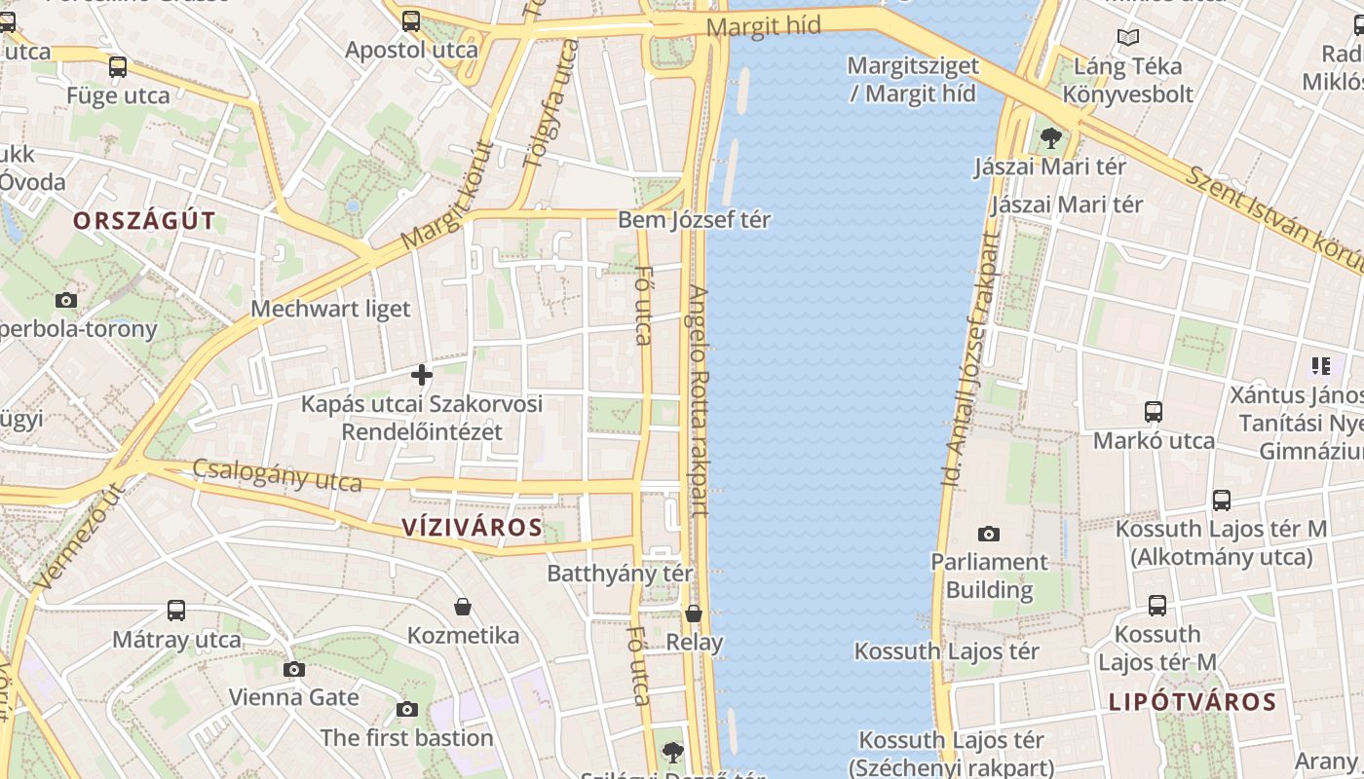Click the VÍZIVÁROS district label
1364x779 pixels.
(x=472, y=528)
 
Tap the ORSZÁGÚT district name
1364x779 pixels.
(x=144, y=221)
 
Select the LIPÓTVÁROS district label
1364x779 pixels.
(x=1192, y=702)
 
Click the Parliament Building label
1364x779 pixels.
(x=989, y=575)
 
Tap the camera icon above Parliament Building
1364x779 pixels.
(x=989, y=534)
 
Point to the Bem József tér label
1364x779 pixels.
(x=694, y=220)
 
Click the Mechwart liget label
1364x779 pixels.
(x=330, y=309)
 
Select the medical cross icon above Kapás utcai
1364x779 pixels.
(x=422, y=374)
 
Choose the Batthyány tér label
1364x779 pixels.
(x=620, y=573)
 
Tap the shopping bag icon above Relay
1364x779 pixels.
(x=694, y=613)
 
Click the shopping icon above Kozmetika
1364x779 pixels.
(x=463, y=607)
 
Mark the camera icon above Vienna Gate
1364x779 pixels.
(x=294, y=669)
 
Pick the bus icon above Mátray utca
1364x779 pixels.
(x=176, y=611)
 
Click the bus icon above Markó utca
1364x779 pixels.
(x=1154, y=411)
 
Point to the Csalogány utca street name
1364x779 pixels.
(x=277, y=475)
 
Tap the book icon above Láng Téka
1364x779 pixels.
(x=1128, y=38)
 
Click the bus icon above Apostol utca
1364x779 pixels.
(x=411, y=20)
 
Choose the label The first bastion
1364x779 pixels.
(x=406, y=737)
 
